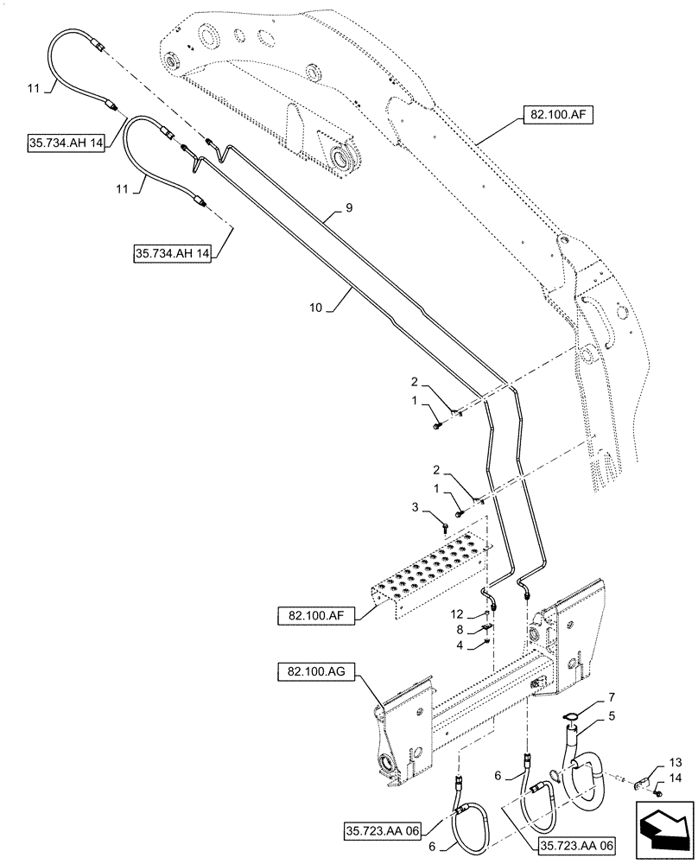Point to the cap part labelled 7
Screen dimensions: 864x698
570,714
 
